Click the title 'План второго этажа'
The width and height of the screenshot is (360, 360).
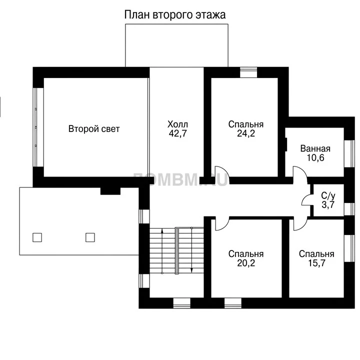(x=175, y=15)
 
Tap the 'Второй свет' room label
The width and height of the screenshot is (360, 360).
(x=94, y=129)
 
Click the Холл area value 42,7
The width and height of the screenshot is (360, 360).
(x=177, y=133)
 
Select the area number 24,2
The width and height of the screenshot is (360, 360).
(x=246, y=133)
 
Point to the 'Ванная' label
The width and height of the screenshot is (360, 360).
(x=315, y=149)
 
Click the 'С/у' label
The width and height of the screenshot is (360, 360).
(x=328, y=196)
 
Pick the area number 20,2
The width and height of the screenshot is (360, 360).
(x=246, y=263)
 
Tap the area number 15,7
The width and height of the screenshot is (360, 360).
(x=316, y=263)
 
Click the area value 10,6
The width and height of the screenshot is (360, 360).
(x=315, y=157)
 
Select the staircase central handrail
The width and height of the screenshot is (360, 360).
(x=177, y=250)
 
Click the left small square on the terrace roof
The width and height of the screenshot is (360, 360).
(x=37, y=237)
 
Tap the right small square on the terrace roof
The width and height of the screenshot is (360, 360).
(x=90, y=237)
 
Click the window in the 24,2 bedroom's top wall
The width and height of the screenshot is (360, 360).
(x=248, y=72)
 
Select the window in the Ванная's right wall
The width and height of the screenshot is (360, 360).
(x=349, y=153)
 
